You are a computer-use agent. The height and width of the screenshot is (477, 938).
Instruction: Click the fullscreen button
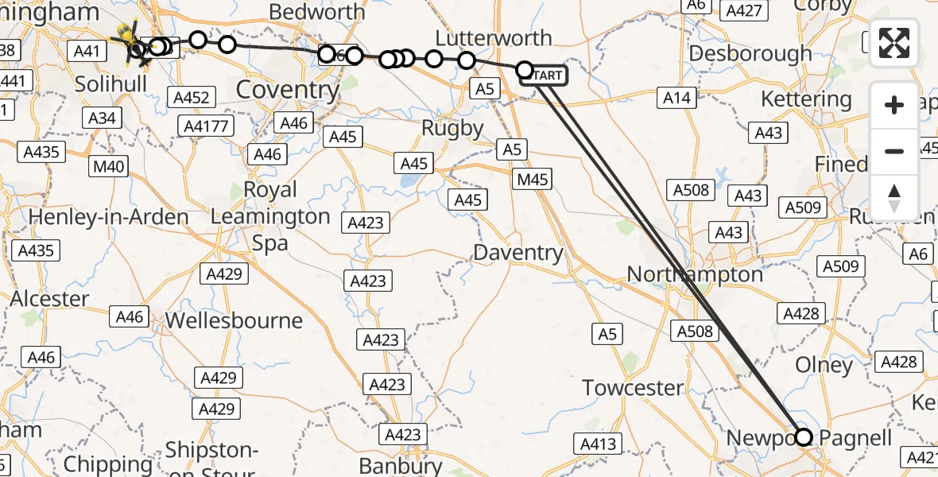[x=894, y=43]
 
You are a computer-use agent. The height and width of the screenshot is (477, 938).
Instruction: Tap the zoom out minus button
[x=894, y=151]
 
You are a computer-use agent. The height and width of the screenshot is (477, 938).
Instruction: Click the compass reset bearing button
[x=894, y=198]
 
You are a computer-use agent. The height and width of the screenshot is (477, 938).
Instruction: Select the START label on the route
[x=546, y=76]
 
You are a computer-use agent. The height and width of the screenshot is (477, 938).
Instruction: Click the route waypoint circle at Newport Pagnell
[x=804, y=436]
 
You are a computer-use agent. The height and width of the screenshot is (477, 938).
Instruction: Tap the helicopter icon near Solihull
[x=130, y=41]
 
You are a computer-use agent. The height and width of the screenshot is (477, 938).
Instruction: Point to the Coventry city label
[x=288, y=90]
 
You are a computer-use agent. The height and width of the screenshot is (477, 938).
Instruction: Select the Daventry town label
[x=517, y=254]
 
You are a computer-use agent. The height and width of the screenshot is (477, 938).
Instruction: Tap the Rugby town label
[x=452, y=128]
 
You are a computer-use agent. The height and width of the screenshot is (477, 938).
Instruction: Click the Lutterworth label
[x=494, y=38]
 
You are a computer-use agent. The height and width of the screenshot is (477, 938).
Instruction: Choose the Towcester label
[x=633, y=388]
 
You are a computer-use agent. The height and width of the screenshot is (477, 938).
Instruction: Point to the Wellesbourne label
[x=234, y=321]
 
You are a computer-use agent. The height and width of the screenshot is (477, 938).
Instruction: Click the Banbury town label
[x=401, y=465]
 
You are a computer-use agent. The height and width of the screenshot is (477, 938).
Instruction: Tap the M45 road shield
[x=532, y=179]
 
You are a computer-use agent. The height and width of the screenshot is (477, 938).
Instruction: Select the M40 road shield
[x=108, y=166]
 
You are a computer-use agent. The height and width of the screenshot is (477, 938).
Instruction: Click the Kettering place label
[x=805, y=99]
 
